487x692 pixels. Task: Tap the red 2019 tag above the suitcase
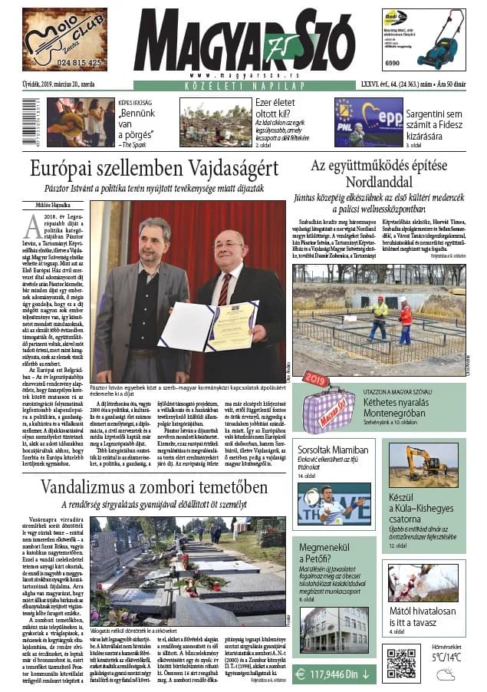pyautogui.click(x=317, y=379)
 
